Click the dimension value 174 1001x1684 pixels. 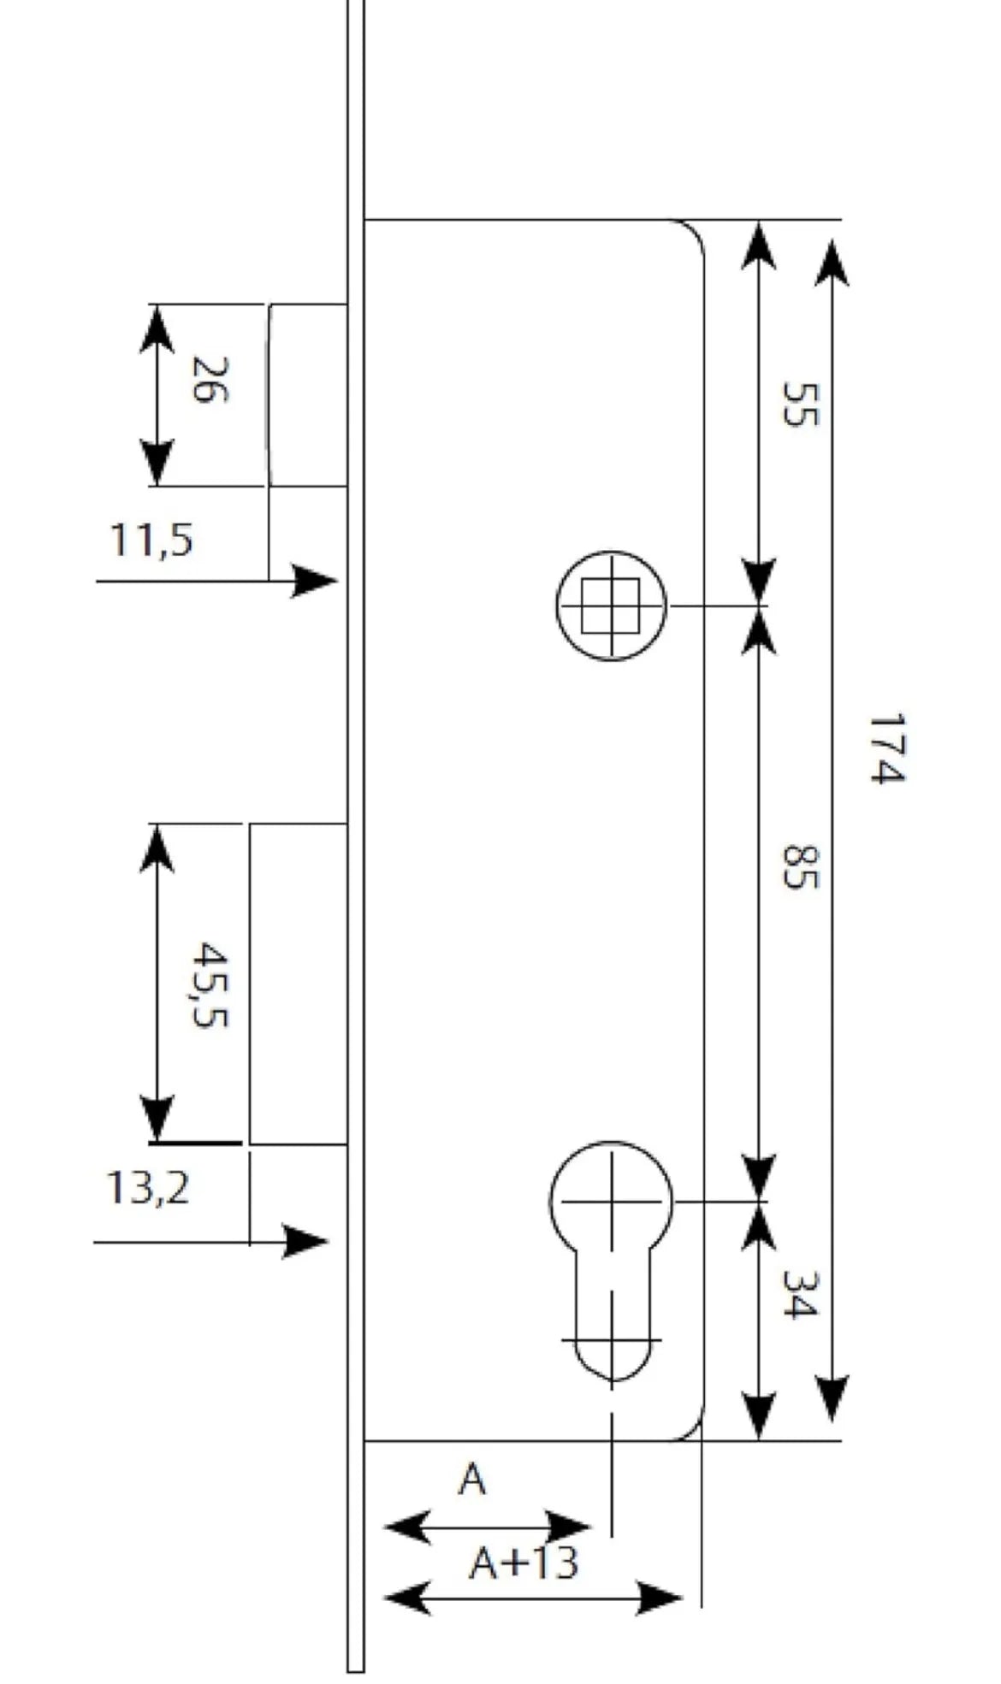pyautogui.click(x=886, y=748)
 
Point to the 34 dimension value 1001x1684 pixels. pyautogui.click(x=801, y=1295)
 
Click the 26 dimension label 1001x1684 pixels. pyautogui.click(x=210, y=380)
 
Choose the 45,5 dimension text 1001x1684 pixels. pyautogui.click(x=210, y=984)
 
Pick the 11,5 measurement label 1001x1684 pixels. pyautogui.click(x=151, y=541)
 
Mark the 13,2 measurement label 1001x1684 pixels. pyautogui.click(x=147, y=1188)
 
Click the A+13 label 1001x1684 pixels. pyautogui.click(x=524, y=1563)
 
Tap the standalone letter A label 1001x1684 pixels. pyautogui.click(x=472, y=1479)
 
